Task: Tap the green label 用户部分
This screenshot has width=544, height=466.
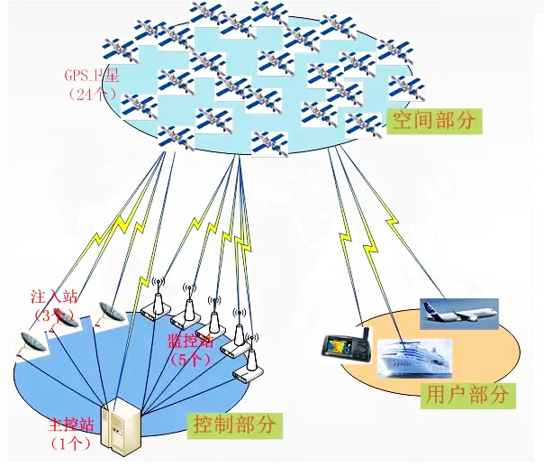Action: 465,394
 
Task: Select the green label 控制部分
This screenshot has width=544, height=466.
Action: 233,423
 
